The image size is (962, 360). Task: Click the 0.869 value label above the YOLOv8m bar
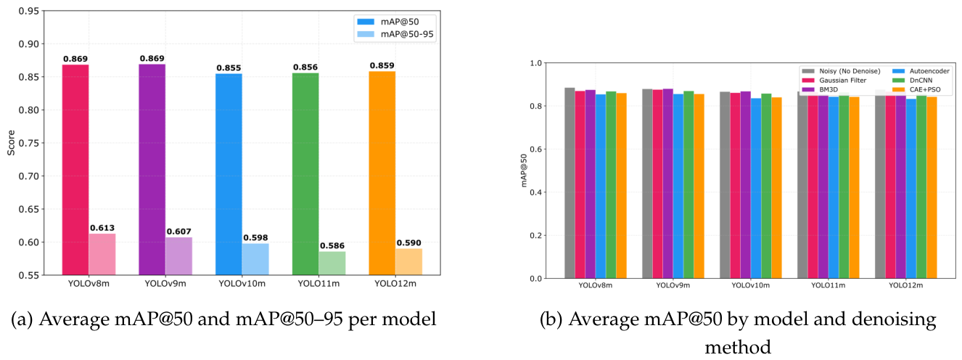tap(75, 59)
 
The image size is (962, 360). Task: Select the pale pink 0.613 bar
tap(102, 254)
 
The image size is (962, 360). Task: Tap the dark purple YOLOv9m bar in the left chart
tap(152, 170)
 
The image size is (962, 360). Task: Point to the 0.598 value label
tap(255, 238)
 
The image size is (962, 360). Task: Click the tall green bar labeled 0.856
tap(305, 174)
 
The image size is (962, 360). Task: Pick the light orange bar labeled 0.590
tap(409, 261)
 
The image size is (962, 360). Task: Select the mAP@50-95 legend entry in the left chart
tap(395, 34)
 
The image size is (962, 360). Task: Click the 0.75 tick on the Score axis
tap(28, 143)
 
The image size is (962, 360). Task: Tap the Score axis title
tap(11, 143)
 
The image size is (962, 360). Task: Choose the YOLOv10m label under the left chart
tap(242, 284)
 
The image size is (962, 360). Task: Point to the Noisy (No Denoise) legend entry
tap(841, 71)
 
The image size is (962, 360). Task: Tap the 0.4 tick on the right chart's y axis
tap(535, 192)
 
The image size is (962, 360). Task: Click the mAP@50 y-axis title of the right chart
tap(524, 171)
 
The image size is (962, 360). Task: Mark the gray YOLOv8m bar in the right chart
tap(570, 183)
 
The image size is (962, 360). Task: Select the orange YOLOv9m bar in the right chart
tap(699, 186)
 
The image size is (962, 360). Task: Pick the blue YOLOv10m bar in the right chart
tap(756, 188)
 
